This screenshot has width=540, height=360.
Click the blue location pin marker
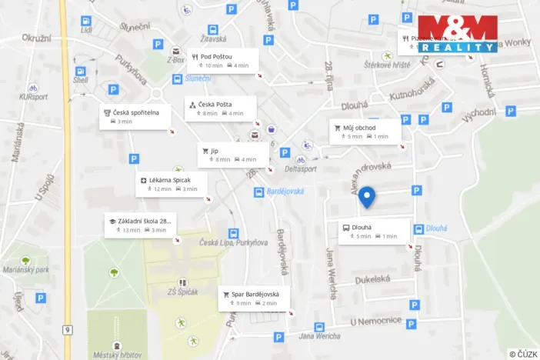[x=368, y=198]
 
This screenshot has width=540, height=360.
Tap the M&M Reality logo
[x=458, y=33]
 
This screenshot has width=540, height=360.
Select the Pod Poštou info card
[x=221, y=61]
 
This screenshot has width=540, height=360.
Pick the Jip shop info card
[x=233, y=155]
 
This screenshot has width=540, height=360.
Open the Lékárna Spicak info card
[x=172, y=184]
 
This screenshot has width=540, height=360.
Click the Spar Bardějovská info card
[x=255, y=298]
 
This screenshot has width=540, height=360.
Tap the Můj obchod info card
[x=365, y=132]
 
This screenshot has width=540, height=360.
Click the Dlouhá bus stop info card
[x=373, y=232]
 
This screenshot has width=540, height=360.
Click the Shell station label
[x=81, y=79]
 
